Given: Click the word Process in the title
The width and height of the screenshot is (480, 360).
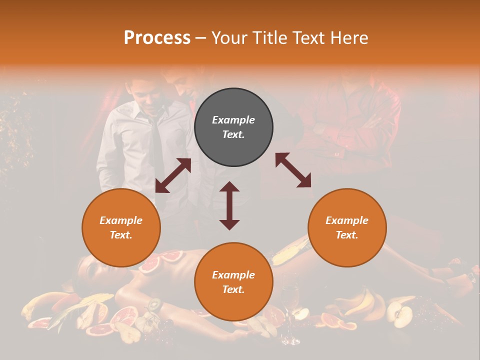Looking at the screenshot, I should coord(157,37).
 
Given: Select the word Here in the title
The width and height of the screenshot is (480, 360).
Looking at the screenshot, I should coord(347,37).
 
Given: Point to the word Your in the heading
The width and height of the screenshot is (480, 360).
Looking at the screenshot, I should coord(229,37).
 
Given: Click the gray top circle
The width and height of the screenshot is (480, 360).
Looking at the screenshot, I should coord(233,127).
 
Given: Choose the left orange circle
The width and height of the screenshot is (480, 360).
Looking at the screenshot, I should coord(121,227).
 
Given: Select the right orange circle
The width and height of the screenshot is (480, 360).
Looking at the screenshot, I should coord(347,227).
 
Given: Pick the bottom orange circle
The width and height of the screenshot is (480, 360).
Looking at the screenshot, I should coord(233,282).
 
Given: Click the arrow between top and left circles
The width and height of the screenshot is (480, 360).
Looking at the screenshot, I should coord(173,175).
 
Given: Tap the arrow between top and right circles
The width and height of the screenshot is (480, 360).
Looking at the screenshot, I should coord(293,170).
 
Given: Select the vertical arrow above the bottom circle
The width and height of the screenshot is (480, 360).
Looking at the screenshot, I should coord(229,205).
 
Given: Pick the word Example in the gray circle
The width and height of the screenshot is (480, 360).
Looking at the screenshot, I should coord(233,120).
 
